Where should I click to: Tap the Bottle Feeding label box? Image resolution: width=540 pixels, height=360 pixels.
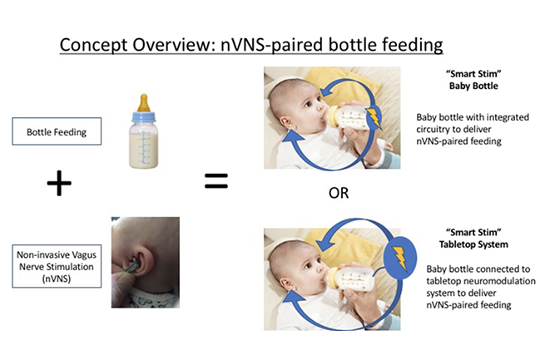57,131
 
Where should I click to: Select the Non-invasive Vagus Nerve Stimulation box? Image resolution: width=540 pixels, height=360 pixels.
57,266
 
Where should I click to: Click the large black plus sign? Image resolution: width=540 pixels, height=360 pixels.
59,183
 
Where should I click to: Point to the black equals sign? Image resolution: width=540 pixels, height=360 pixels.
216,181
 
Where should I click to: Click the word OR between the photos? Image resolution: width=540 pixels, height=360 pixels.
339,193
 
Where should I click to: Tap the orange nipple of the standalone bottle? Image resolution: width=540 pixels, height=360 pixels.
144,103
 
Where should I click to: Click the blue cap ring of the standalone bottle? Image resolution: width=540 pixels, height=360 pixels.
144,116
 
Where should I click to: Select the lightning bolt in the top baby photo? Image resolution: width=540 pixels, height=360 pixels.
374,118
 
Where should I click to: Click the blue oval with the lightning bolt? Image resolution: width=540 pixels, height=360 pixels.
400,258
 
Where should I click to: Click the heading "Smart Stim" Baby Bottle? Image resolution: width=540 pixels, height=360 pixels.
473,80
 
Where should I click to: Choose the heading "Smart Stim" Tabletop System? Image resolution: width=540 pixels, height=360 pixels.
473,238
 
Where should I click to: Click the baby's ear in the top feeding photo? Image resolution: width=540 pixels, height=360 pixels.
286,122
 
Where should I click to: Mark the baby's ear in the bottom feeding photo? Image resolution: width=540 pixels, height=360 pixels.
286,284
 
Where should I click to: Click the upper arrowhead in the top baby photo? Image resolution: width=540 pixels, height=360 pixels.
328,91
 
